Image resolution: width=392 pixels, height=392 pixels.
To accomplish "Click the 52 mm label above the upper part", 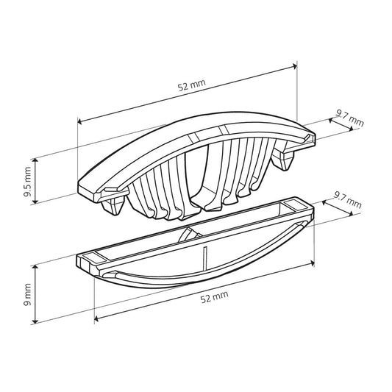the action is tap(192, 85).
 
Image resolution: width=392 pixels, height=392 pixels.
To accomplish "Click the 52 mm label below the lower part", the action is tap(214, 296).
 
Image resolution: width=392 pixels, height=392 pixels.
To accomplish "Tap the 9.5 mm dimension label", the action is tap(27, 182).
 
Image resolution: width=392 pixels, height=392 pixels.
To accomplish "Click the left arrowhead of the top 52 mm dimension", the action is tap(79, 121).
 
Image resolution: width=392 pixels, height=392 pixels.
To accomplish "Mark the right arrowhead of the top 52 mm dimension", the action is tap(295, 66).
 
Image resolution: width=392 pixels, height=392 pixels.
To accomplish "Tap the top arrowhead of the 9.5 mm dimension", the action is tap(35, 161).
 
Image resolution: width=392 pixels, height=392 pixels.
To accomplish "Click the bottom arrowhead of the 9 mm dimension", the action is tap(35, 321).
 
